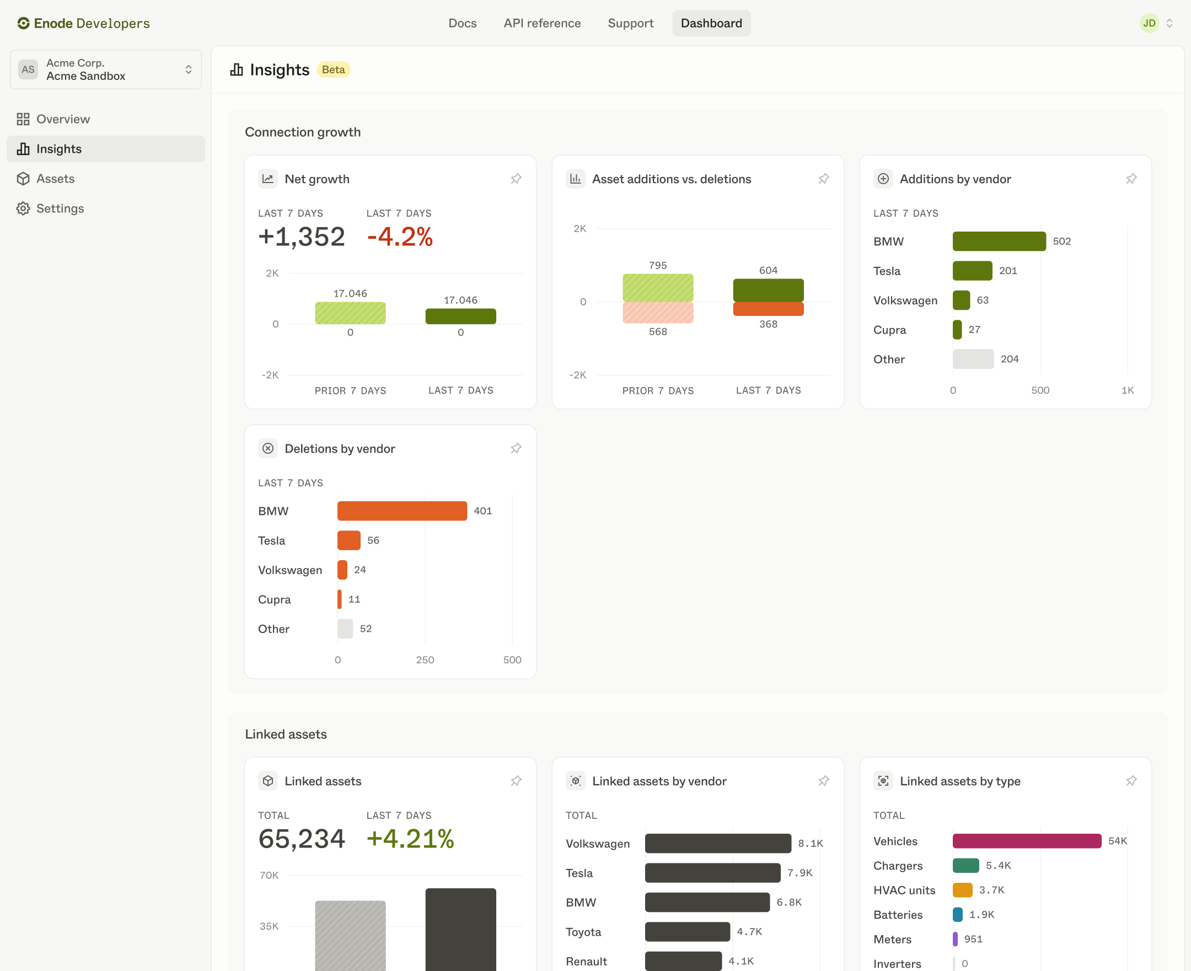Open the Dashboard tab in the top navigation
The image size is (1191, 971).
[x=711, y=23]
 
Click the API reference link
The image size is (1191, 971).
[x=541, y=23]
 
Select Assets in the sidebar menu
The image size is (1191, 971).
[x=55, y=179]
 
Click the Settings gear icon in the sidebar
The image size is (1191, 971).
[x=23, y=208]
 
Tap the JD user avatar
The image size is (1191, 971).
[x=1149, y=23]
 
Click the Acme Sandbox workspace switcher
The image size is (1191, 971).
[x=106, y=69]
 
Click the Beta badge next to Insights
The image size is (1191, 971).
[x=334, y=69]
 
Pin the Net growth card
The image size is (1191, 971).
[x=516, y=179]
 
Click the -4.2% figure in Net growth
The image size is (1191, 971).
[x=399, y=237]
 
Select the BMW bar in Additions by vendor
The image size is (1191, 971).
[x=999, y=241]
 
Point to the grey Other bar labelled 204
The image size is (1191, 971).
[x=973, y=359]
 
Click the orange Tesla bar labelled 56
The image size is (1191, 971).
[x=348, y=540]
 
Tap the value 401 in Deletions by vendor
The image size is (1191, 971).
[x=483, y=511]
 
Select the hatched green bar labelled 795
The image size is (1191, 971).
[x=658, y=287]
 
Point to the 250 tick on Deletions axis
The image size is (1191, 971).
[x=425, y=659]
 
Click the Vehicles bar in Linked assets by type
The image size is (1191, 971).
[x=1027, y=841]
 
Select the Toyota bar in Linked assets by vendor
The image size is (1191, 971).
[x=687, y=931]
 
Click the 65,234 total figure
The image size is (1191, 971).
[x=302, y=839]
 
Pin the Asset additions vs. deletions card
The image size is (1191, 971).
[x=823, y=179]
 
